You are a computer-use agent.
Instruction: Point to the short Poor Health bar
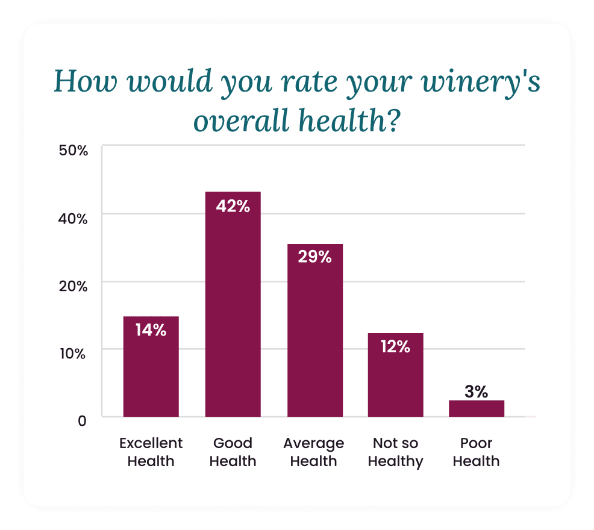coord(476,408)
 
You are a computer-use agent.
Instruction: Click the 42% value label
coord(233,206)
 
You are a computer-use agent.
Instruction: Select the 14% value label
coord(151,330)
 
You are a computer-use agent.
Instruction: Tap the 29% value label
coord(314,257)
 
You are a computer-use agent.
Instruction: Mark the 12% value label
coord(395,347)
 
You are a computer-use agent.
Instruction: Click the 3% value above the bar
coord(476,392)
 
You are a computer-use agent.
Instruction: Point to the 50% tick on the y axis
coord(73,151)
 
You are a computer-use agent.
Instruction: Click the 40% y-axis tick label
coord(73,218)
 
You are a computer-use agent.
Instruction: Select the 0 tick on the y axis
coord(82,420)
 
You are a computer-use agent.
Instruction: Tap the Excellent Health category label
coord(151,452)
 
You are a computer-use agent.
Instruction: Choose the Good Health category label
coord(233,452)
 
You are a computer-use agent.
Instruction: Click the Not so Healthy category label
coord(395,452)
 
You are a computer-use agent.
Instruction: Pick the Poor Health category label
coord(476,452)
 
